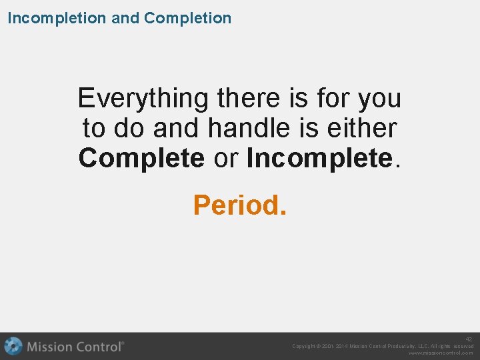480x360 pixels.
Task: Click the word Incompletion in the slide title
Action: pos(57,18)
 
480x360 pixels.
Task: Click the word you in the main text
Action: pos(379,99)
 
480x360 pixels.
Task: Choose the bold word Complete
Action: pos(141,159)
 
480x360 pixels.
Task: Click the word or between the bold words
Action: pos(225,159)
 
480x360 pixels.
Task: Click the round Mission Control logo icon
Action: pos(13,347)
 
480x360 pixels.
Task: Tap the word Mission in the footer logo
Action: pos(50,347)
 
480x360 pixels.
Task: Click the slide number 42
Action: pos(469,339)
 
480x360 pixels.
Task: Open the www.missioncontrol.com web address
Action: pos(441,353)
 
